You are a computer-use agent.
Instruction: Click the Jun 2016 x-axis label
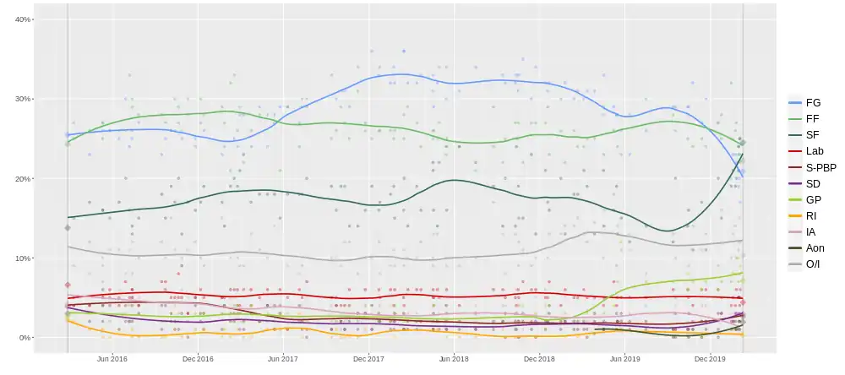[x=112, y=359]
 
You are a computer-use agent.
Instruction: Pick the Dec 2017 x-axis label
[x=369, y=359]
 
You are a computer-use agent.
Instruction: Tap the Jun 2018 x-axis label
[x=455, y=359]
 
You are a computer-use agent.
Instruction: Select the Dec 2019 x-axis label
[x=711, y=359]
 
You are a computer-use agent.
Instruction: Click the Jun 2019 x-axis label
[x=625, y=359]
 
